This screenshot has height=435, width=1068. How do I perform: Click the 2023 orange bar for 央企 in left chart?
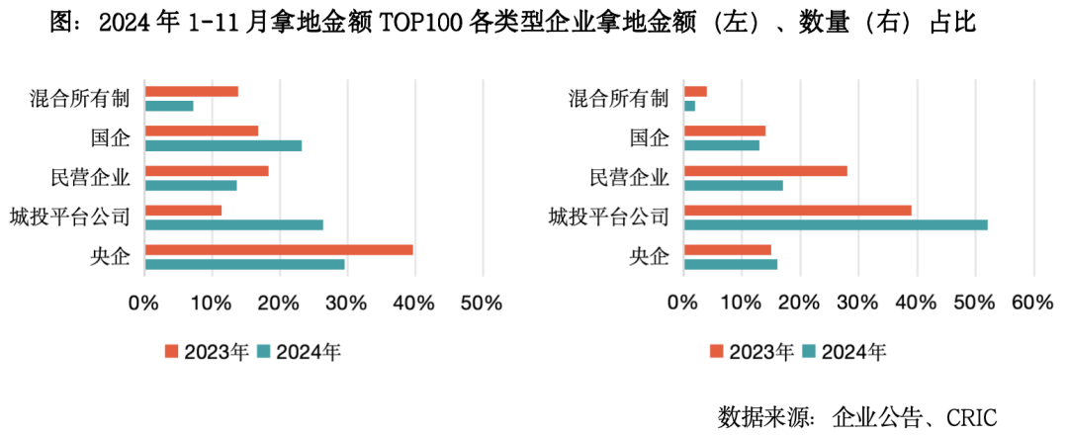pyautogui.click(x=278, y=250)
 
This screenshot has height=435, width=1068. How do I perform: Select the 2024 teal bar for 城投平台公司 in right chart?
pyautogui.click(x=836, y=224)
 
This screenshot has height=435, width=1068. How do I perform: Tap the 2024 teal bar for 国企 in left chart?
pyautogui.click(x=222, y=145)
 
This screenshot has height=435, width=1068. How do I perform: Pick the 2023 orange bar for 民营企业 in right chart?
pyautogui.click(x=765, y=171)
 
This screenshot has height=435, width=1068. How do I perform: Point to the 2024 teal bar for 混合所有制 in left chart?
pyautogui.click(x=169, y=106)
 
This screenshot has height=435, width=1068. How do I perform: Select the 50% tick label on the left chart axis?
pyautogui.click(x=482, y=303)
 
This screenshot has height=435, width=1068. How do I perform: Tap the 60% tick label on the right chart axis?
pyautogui.click(x=1031, y=303)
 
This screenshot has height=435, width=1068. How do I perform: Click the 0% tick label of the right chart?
pyautogui.click(x=683, y=303)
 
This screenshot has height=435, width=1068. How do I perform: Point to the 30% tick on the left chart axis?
pyautogui.click(x=346, y=303)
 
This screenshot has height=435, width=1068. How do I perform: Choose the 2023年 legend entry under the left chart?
pyautogui.click(x=207, y=351)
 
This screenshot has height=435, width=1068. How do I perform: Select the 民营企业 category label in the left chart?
pyautogui.click(x=90, y=178)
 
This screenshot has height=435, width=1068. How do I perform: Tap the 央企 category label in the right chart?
pyautogui.click(x=649, y=257)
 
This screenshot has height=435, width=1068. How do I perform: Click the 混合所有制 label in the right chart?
pyautogui.click(x=619, y=99)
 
